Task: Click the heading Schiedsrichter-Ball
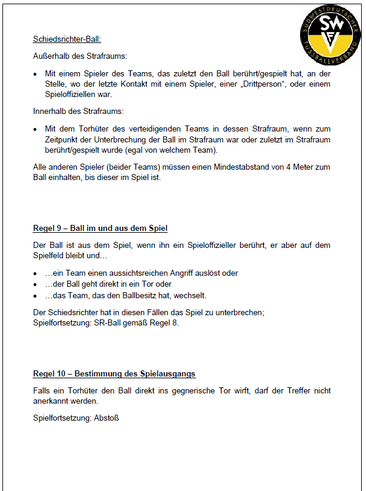67,40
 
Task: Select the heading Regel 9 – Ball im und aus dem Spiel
100,229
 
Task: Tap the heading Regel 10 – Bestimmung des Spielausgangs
114,374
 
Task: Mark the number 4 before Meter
273,167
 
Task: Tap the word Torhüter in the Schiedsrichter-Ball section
94,129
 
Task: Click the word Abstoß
106,418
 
